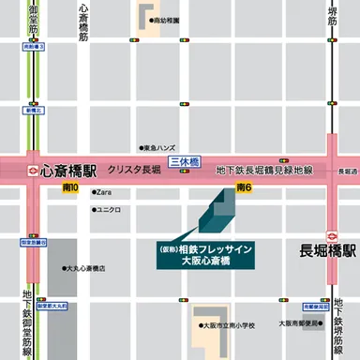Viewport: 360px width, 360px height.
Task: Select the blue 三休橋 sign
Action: pos(185,161)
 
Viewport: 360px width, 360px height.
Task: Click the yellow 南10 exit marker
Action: pos(69,189)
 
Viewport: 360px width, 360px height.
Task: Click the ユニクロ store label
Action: pos(107,209)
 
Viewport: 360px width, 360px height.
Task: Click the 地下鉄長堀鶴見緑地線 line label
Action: pos(263,171)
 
